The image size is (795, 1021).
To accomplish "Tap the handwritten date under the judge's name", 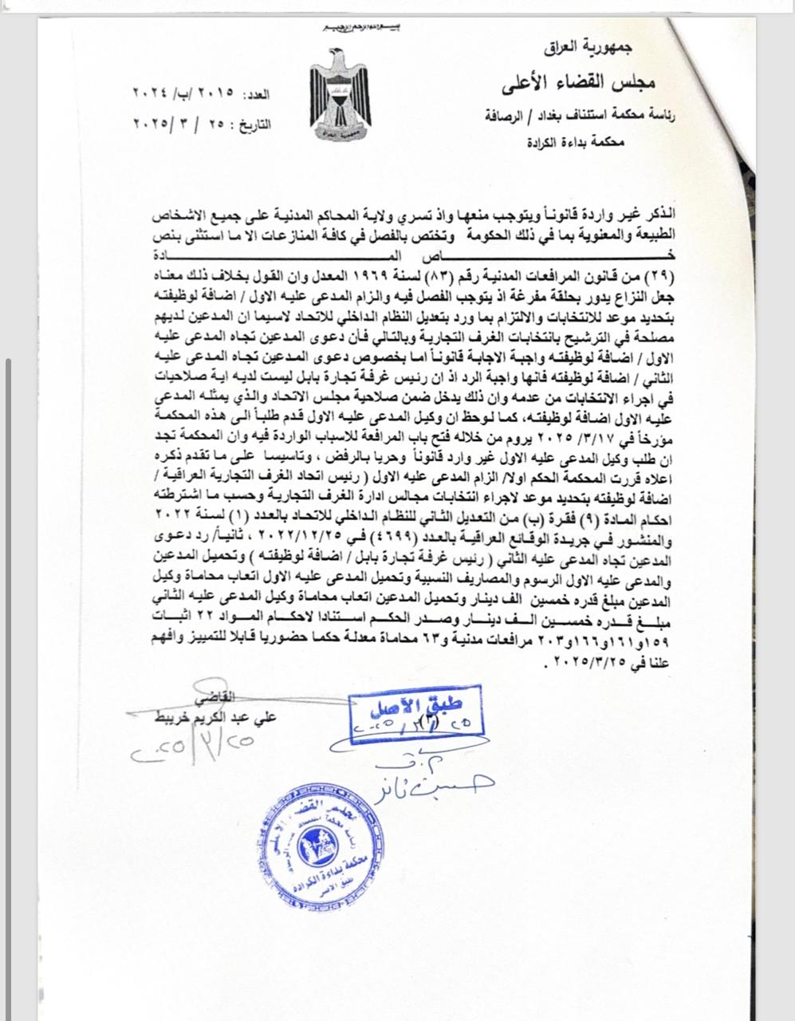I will (x=196, y=747).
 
